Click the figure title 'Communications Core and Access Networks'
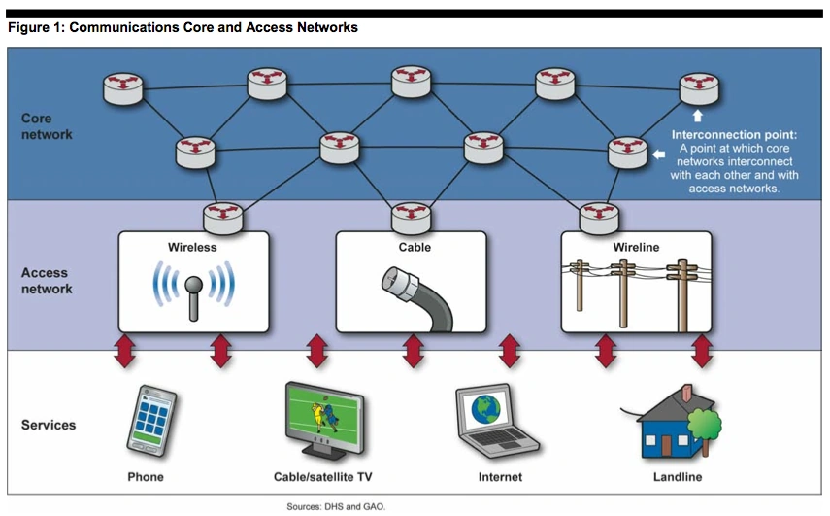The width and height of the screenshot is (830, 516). tap(183, 27)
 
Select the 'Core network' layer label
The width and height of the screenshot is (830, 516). tap(47, 126)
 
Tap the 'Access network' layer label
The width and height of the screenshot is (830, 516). tap(47, 282)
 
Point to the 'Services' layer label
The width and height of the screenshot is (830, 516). tap(49, 425)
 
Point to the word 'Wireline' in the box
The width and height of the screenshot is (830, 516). tap(636, 247)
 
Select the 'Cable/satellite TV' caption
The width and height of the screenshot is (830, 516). tap(321, 477)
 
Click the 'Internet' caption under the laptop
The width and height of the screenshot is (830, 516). tap(500, 477)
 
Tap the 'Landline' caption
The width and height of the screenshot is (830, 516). tap(676, 477)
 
